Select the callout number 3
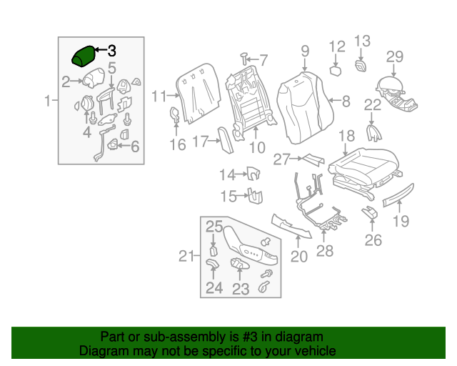(x=111, y=51)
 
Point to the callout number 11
(x=159, y=96)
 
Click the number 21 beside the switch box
(x=186, y=256)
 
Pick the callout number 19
(x=401, y=221)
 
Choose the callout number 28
(x=325, y=251)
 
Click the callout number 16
(x=177, y=145)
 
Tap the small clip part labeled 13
(x=361, y=66)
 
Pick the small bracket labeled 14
(x=251, y=172)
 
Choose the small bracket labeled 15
(x=253, y=194)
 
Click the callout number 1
(x=48, y=101)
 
